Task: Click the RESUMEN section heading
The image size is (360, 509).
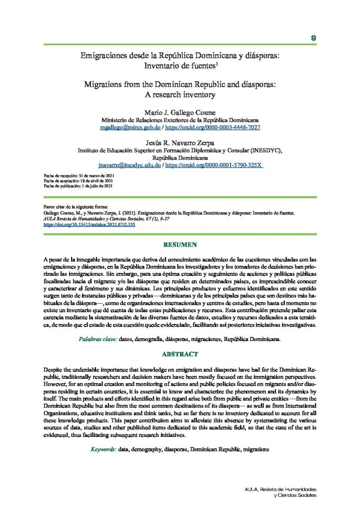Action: tap(180, 245)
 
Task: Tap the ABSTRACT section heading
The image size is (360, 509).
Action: tap(180, 354)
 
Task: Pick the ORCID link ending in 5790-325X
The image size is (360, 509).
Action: tap(214, 165)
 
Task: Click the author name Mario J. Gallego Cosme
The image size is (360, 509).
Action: tap(180, 112)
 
